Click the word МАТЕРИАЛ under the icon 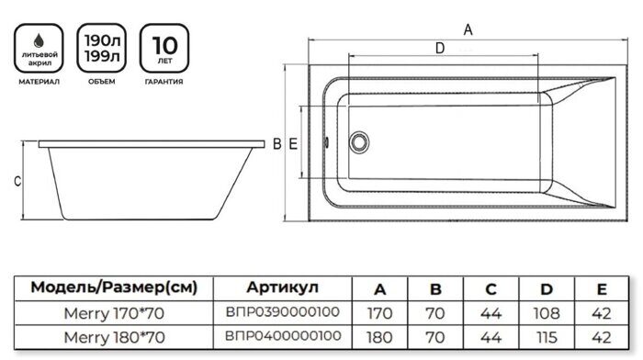(x=39, y=83)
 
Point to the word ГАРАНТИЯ (x=162, y=83)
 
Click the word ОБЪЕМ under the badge (x=101, y=83)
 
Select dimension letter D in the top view (x=439, y=48)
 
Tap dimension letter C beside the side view (x=17, y=182)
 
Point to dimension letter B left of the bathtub (x=276, y=142)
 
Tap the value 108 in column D (x=547, y=312)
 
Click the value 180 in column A (x=378, y=336)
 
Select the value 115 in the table (x=547, y=336)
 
